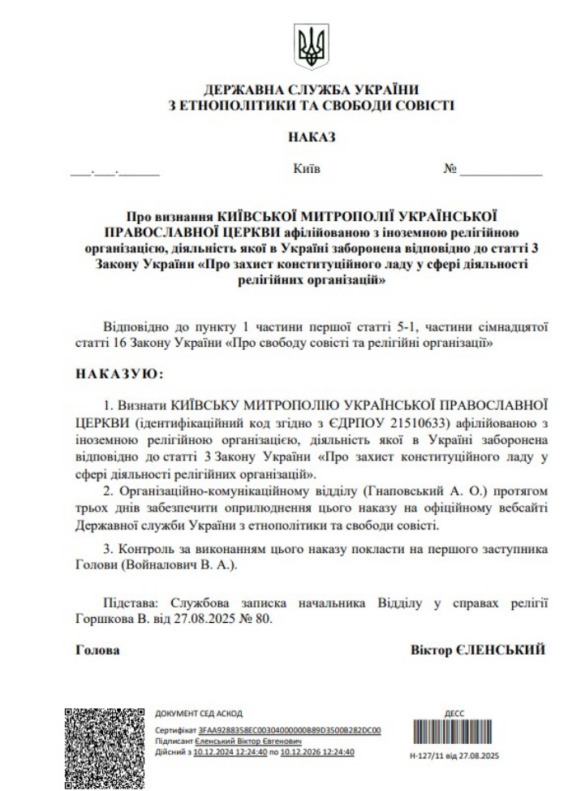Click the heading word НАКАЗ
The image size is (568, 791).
click(x=311, y=138)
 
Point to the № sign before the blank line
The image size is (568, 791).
click(x=451, y=170)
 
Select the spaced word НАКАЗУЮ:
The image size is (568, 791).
click(x=119, y=375)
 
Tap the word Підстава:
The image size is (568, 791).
click(x=132, y=603)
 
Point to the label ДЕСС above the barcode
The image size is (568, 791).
click(x=454, y=714)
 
